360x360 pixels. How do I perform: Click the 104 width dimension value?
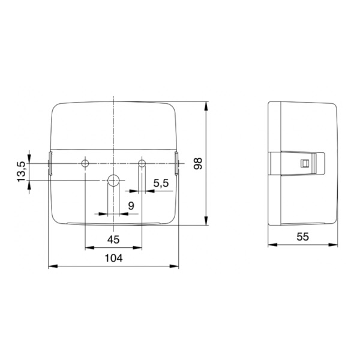point(113,258)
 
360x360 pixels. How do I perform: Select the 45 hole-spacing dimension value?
point(113,239)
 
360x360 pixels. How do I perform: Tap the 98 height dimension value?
point(197,163)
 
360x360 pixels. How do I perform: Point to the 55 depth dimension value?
point(303,237)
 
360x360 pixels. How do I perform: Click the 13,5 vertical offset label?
point(22,172)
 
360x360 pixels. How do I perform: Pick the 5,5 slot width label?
point(161,183)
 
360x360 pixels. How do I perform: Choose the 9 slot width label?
point(131,206)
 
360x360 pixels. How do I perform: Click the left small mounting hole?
point(85,163)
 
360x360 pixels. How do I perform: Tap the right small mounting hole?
point(142,163)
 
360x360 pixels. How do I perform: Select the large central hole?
point(113,181)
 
